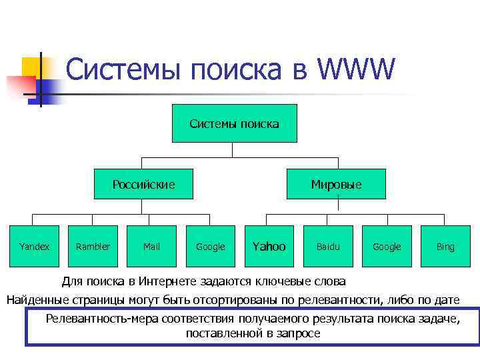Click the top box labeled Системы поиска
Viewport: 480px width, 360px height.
[x=234, y=123]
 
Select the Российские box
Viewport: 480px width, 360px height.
[x=143, y=184]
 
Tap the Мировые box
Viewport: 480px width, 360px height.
[x=336, y=184]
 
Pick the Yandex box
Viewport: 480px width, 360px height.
[x=35, y=246]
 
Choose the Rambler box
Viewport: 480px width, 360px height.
[x=93, y=246]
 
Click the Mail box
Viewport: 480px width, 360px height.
[x=151, y=246]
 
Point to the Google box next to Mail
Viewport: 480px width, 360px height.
[x=210, y=246]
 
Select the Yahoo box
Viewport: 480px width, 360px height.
[x=269, y=246]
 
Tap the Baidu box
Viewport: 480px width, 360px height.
[x=327, y=246]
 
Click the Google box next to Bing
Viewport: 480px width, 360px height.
[x=386, y=246]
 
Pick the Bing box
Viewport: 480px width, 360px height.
[x=445, y=246]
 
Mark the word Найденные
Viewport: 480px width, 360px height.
[x=37, y=299]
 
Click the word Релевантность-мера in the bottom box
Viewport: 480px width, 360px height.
[x=97, y=318]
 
